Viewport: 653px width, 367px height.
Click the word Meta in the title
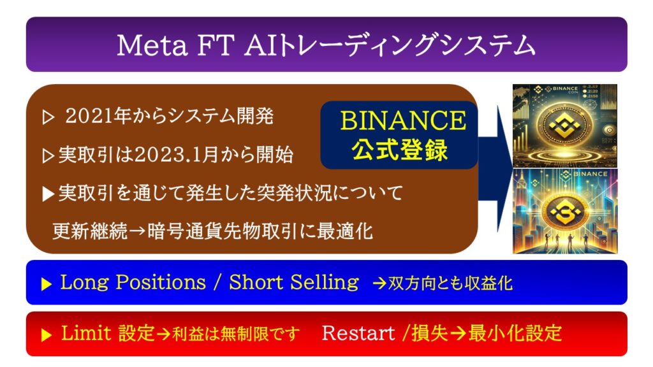click(x=152, y=45)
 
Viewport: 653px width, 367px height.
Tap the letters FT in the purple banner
click(x=215, y=45)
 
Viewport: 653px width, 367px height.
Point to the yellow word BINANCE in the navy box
click(x=403, y=120)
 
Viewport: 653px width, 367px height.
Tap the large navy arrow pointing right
click(x=495, y=168)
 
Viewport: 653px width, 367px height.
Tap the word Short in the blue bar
click(x=256, y=282)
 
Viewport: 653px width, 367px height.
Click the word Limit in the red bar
click(x=86, y=333)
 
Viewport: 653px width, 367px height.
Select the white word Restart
click(x=358, y=333)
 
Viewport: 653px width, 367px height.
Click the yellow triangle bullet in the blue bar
click(x=46, y=284)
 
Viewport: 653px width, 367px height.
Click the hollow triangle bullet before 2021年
click(x=48, y=118)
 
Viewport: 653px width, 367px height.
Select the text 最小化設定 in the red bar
click(x=515, y=333)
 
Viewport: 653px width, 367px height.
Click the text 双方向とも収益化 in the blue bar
click(x=450, y=284)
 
